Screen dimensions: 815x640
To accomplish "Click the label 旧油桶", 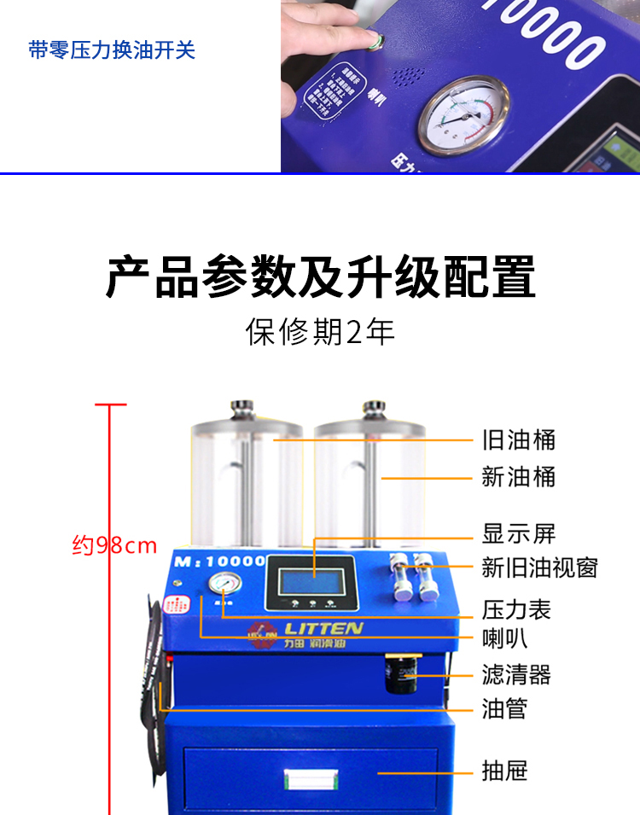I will click(x=518, y=440).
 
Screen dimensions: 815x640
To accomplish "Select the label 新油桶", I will click(x=518, y=477).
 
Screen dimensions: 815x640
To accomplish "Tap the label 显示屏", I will click(x=518, y=534).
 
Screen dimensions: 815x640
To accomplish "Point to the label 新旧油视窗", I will click(x=539, y=568).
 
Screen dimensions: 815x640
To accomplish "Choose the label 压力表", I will click(x=516, y=609).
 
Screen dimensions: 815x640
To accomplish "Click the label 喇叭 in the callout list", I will click(x=504, y=638).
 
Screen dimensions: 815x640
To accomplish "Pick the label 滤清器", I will click(x=516, y=675).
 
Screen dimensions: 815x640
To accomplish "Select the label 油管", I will click(x=504, y=708).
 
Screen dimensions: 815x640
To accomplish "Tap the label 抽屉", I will click(x=504, y=771).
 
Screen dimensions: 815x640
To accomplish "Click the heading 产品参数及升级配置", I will click(x=320, y=276).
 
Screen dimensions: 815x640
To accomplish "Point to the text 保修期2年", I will click(x=320, y=332).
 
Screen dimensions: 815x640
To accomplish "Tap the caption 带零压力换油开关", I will click(x=112, y=49).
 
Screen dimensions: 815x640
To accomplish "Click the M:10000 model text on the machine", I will click(x=218, y=561).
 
